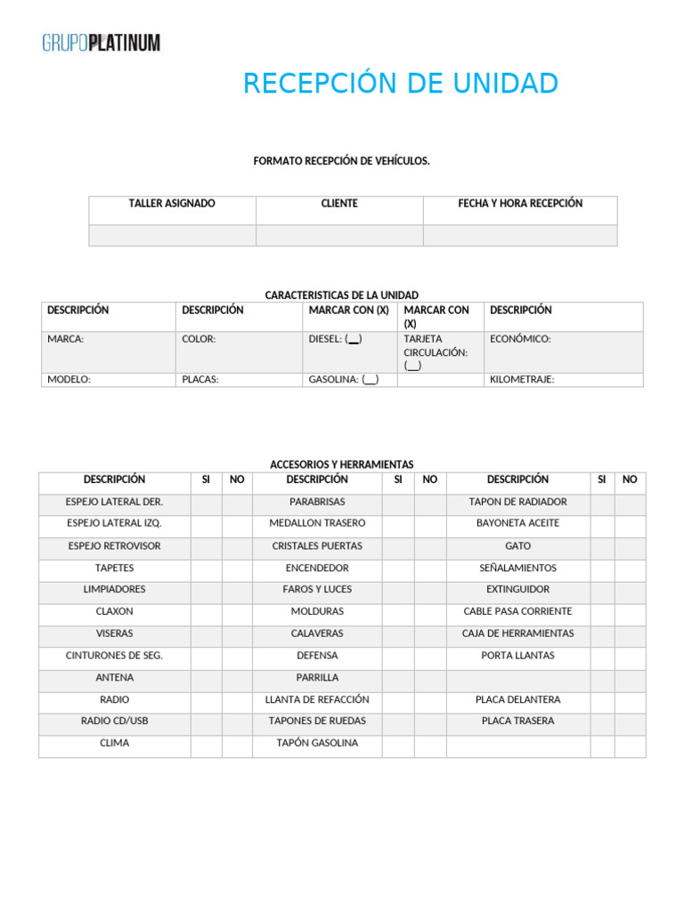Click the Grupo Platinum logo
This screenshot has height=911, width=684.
click(x=102, y=42)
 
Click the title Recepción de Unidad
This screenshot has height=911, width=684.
click(x=401, y=84)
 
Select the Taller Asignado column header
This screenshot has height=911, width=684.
click(x=172, y=204)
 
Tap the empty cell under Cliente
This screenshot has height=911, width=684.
click(x=339, y=235)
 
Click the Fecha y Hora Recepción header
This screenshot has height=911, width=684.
click(x=520, y=204)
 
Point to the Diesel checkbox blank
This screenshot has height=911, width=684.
click(x=354, y=339)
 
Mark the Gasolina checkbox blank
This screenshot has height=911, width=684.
click(x=370, y=380)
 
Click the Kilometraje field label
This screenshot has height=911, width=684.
click(x=522, y=380)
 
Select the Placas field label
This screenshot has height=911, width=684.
click(x=200, y=380)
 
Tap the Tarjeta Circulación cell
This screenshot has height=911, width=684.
click(x=438, y=352)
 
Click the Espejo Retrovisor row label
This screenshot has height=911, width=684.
click(x=114, y=546)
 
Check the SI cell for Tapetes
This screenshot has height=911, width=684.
click(x=206, y=568)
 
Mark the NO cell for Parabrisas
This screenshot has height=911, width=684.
click(x=430, y=503)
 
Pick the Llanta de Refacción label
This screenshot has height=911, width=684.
click(x=317, y=700)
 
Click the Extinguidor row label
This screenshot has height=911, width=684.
click(x=517, y=590)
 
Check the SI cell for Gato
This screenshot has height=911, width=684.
click(x=602, y=546)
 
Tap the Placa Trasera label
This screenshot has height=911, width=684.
click(x=517, y=722)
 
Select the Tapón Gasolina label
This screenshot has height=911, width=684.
click(x=317, y=744)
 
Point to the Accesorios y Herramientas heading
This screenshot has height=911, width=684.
click(x=342, y=464)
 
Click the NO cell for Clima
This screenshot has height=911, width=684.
click(x=237, y=744)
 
